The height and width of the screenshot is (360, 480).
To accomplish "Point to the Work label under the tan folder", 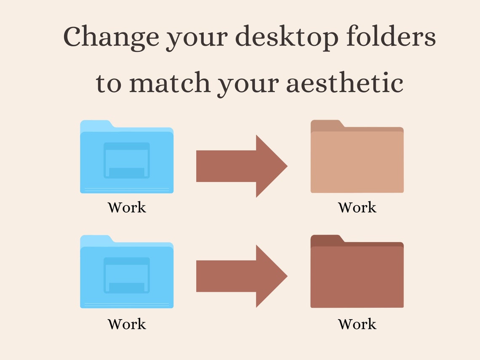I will tap(357, 208).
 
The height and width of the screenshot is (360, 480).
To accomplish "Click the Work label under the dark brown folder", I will tap(357, 324).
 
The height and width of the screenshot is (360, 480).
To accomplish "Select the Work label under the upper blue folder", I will tap(127, 208).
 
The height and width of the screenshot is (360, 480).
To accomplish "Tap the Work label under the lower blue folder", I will tap(127, 324).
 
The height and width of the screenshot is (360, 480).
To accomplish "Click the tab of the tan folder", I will tap(326, 124).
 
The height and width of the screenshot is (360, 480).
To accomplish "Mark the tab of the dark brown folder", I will tap(326, 239).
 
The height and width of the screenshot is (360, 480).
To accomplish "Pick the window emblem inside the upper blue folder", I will tap(127, 160).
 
